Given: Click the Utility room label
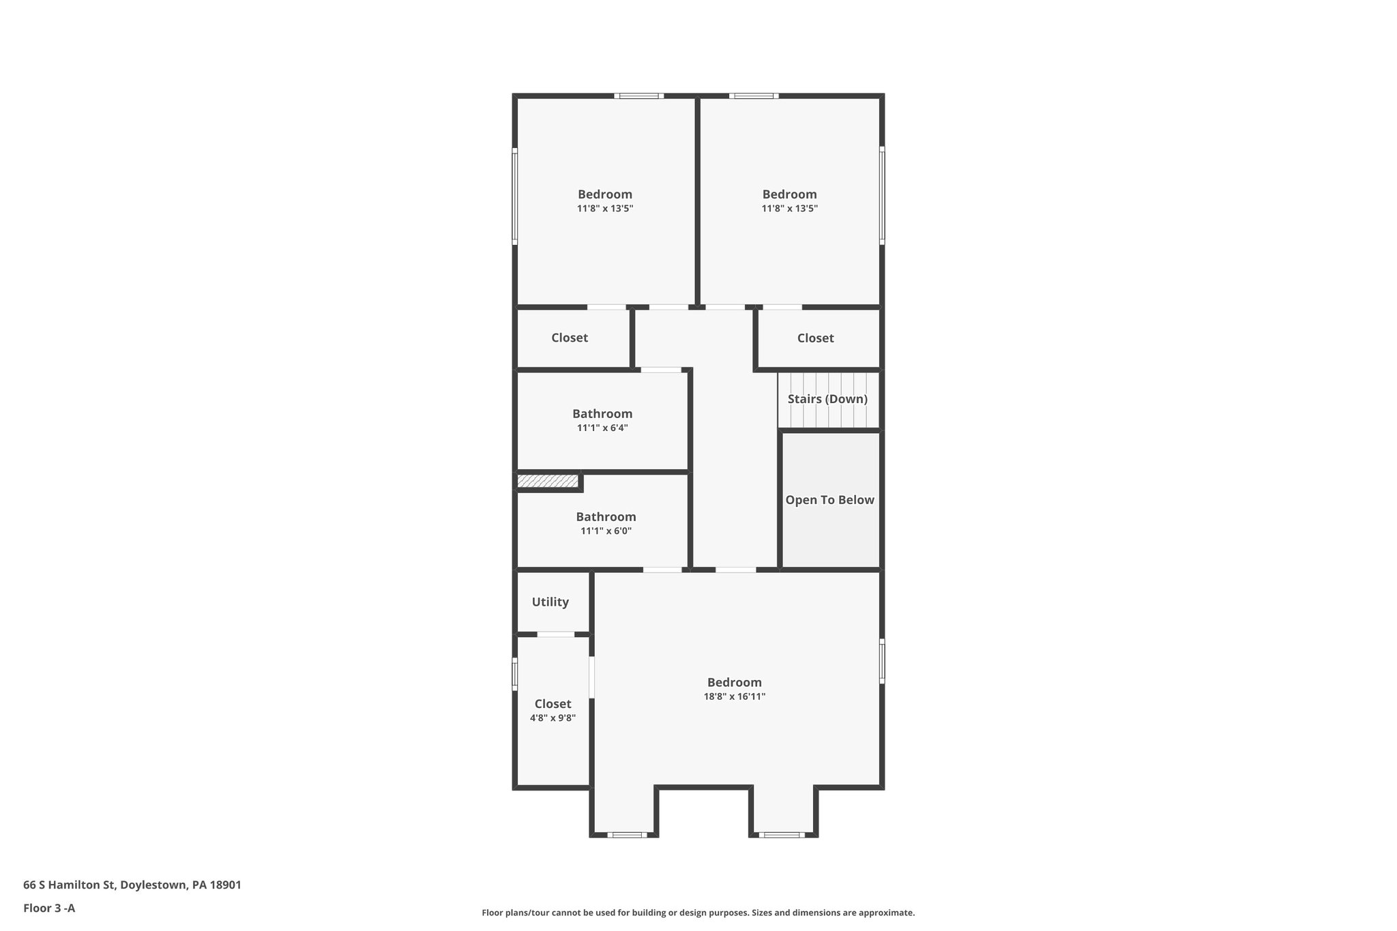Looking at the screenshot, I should click(550, 602).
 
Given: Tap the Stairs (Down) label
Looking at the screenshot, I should click(827, 399).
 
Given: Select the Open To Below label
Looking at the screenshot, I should click(829, 500).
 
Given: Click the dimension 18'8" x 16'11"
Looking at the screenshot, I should click(734, 696).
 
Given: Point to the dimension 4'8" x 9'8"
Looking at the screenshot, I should click(553, 718).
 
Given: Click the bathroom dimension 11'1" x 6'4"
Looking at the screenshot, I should click(602, 428).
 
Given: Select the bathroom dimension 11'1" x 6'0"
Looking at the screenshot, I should click(606, 531).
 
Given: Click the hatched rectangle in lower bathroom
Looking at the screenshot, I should click(548, 482).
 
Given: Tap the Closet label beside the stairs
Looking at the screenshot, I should click(815, 338).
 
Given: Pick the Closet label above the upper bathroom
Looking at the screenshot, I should click(569, 338).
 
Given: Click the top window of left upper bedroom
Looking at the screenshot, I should click(638, 96).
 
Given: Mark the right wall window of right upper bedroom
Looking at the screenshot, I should click(881, 196).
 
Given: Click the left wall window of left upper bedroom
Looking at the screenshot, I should click(515, 196).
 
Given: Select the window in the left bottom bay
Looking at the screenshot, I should click(627, 834).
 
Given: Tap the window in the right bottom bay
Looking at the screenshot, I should click(781, 834).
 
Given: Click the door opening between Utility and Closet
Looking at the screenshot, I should click(555, 634).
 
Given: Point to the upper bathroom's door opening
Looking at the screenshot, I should click(660, 370).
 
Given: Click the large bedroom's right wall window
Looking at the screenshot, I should click(881, 660).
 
